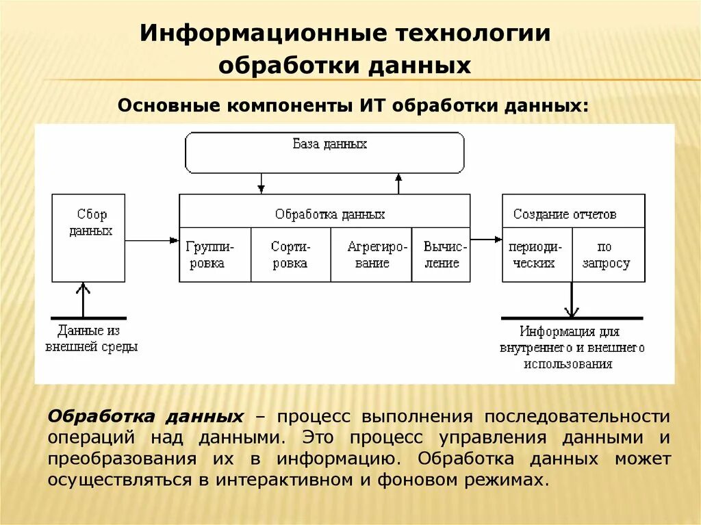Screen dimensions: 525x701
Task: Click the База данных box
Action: point(324,153)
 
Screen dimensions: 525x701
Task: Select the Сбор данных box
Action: point(89,238)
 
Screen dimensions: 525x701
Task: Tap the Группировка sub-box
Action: point(215,255)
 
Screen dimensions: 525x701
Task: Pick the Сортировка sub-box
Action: point(290,255)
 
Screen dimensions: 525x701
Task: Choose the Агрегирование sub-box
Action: point(371,255)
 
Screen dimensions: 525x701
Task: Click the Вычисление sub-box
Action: point(441,255)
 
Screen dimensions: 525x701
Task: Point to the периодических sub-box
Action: point(537,255)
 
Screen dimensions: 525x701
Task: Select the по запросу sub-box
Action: point(609,255)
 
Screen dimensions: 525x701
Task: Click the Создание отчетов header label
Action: point(565,214)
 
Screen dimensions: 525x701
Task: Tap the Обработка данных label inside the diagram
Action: point(330,214)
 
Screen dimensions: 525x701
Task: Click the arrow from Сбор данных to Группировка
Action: point(151,240)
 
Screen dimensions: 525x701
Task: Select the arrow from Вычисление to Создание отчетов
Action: point(486,240)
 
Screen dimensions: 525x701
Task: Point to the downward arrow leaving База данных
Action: point(260,183)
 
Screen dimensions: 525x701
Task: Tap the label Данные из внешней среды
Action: point(91,339)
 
